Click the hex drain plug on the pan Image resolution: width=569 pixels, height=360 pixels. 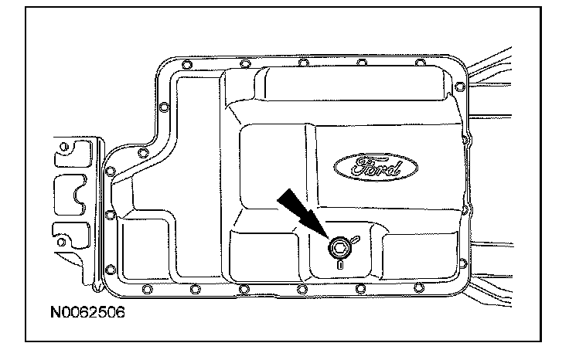[338, 246]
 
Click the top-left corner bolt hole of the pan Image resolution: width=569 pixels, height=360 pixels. [185, 61]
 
